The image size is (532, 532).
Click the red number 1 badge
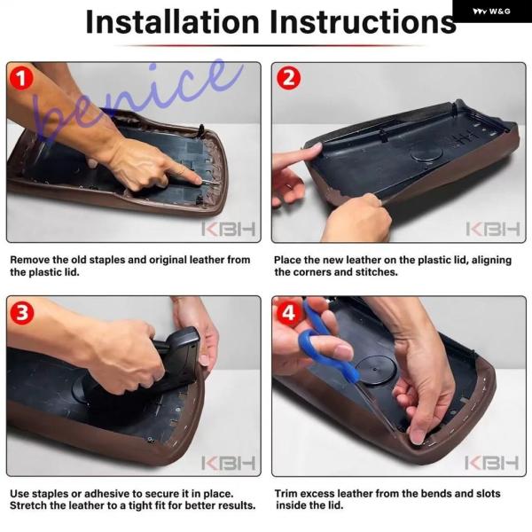coord(21,78)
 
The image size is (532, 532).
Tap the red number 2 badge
coord(288,78)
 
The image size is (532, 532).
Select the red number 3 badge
coord(21,312)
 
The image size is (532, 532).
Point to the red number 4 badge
coord(288,313)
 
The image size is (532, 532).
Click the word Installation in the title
coord(173,22)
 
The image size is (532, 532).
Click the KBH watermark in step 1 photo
coord(229,229)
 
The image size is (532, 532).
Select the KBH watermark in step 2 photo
coord(493,229)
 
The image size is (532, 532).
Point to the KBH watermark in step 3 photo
coord(229,463)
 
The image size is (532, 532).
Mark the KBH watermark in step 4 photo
coord(491,463)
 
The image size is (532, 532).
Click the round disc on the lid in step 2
coord(426,153)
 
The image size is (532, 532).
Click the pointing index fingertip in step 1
coord(198,180)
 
